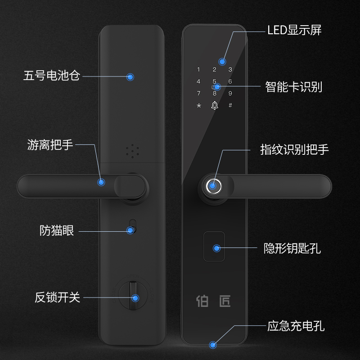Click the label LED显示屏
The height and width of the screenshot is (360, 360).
[294, 31]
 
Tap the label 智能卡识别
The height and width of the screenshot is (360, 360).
[294, 86]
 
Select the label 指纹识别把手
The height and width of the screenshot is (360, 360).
[294, 149]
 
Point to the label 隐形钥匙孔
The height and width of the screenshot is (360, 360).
[292, 248]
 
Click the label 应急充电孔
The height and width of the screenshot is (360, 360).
[296, 326]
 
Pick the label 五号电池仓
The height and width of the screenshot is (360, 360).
[52, 75]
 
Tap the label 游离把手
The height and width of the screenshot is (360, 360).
[50, 145]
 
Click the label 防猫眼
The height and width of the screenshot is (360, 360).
[57, 231]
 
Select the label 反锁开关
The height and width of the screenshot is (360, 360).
[58, 297]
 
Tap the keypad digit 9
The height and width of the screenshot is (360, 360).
[230, 94]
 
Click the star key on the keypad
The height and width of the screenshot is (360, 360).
[198, 106]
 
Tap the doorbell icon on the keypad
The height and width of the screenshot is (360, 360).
[214, 106]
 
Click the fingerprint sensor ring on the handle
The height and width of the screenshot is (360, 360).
[214, 185]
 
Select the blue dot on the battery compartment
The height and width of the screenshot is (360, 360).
[130, 77]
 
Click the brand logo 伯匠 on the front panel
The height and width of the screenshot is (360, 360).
[214, 301]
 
